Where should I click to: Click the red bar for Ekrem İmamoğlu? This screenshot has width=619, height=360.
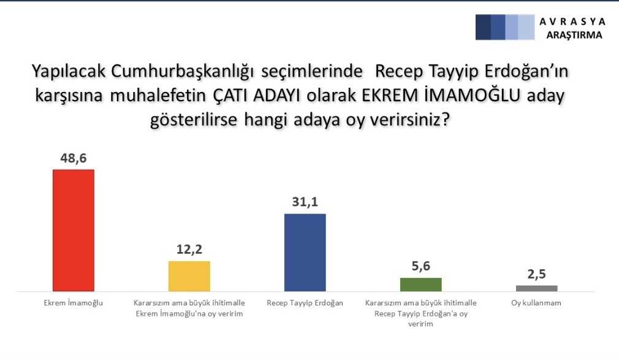74,231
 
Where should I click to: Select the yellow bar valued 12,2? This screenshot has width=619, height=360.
189,276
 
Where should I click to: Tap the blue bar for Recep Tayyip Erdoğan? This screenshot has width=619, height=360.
305,253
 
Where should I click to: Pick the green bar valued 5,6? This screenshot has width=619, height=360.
421,285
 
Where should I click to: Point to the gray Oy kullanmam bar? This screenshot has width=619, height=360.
536,288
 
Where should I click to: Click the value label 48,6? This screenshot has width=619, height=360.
74,158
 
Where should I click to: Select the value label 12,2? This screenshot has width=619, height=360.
189,249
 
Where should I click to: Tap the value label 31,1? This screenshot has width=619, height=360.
305,202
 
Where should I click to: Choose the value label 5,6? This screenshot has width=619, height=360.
421,266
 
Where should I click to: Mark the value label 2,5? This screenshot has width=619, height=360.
536,274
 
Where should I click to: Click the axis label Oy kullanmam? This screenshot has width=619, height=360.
536,303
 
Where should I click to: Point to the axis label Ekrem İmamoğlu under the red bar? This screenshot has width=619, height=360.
74,303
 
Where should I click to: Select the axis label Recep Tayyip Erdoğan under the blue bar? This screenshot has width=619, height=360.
305,303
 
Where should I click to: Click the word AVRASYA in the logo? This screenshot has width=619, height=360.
572,21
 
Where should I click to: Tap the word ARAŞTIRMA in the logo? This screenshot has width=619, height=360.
574,35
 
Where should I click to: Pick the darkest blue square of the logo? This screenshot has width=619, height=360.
483,27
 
